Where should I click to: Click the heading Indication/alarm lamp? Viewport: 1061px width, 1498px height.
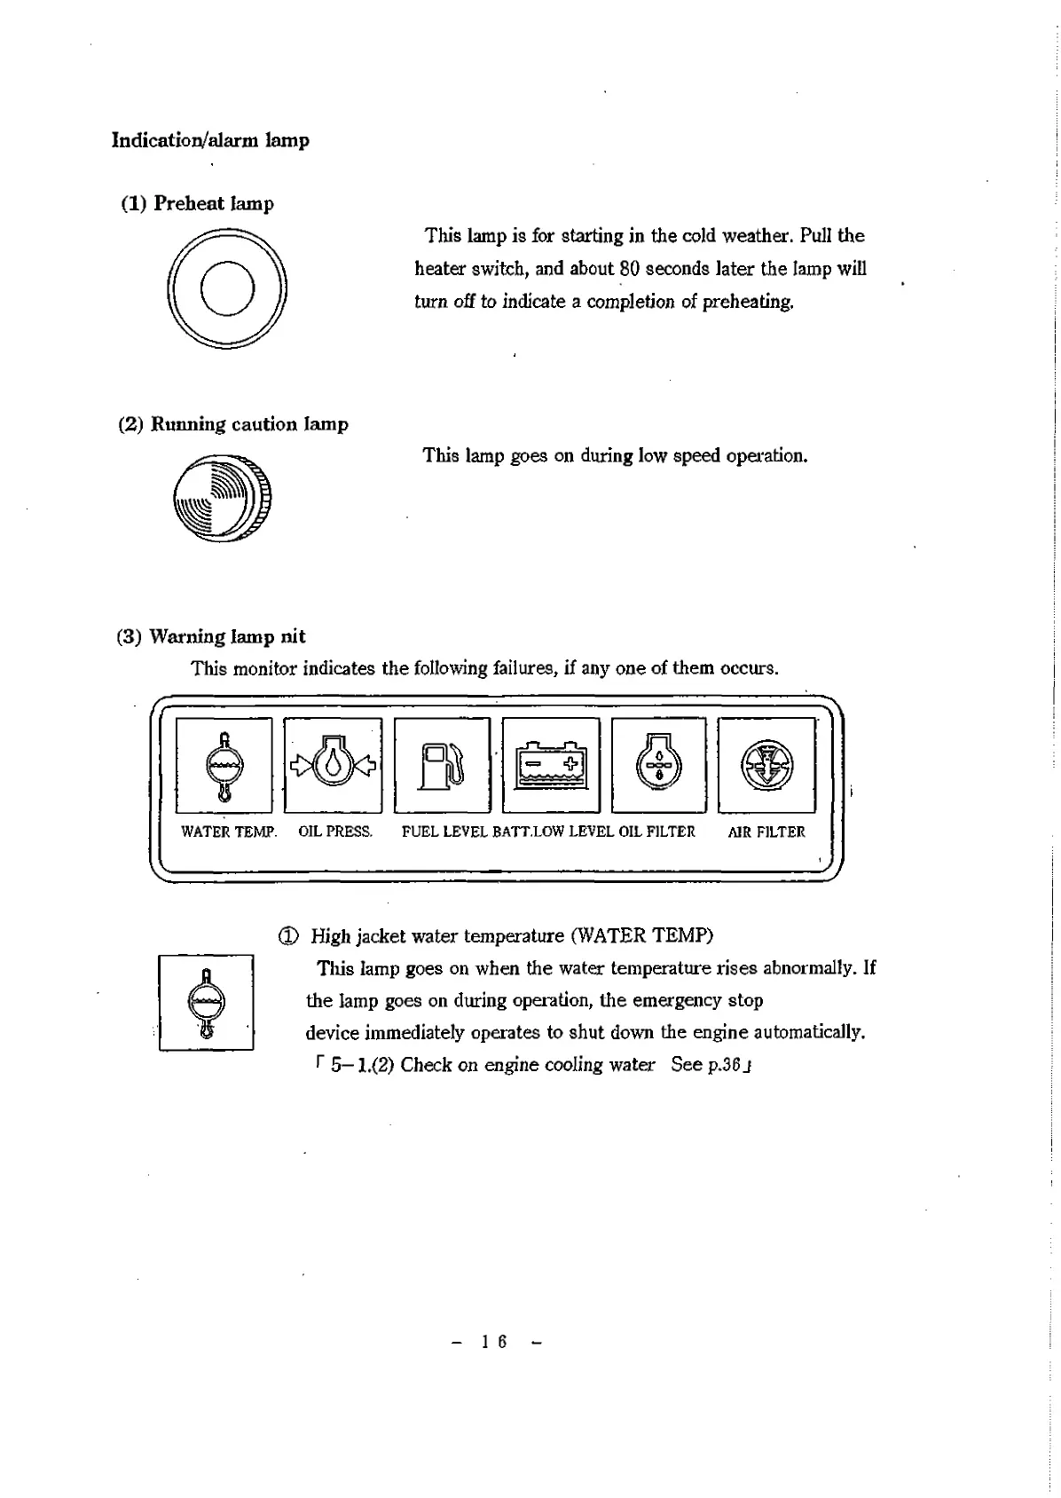click(x=210, y=140)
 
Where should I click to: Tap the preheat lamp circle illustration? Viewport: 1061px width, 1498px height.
click(x=227, y=288)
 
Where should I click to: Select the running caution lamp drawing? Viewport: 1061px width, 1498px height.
click(x=223, y=498)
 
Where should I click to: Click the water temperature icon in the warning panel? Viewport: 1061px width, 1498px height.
click(x=224, y=765)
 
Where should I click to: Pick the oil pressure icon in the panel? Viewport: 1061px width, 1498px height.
click(x=333, y=765)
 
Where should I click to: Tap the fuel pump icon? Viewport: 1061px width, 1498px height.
click(x=442, y=765)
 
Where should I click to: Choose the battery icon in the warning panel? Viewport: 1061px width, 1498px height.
click(x=551, y=765)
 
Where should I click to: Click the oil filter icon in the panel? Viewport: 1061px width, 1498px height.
click(x=658, y=765)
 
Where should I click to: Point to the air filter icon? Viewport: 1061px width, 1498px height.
click(x=766, y=765)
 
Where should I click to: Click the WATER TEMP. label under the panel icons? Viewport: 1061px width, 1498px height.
click(x=229, y=832)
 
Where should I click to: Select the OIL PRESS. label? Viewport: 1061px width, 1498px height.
click(x=335, y=832)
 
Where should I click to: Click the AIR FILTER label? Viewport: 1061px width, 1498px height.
click(x=766, y=832)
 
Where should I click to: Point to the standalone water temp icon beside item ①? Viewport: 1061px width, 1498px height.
click(x=207, y=1002)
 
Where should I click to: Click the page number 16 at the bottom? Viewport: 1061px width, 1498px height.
click(x=494, y=1342)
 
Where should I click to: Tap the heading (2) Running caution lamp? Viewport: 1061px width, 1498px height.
click(x=233, y=424)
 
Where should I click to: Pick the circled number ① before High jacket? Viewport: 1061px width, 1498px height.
click(x=289, y=936)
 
